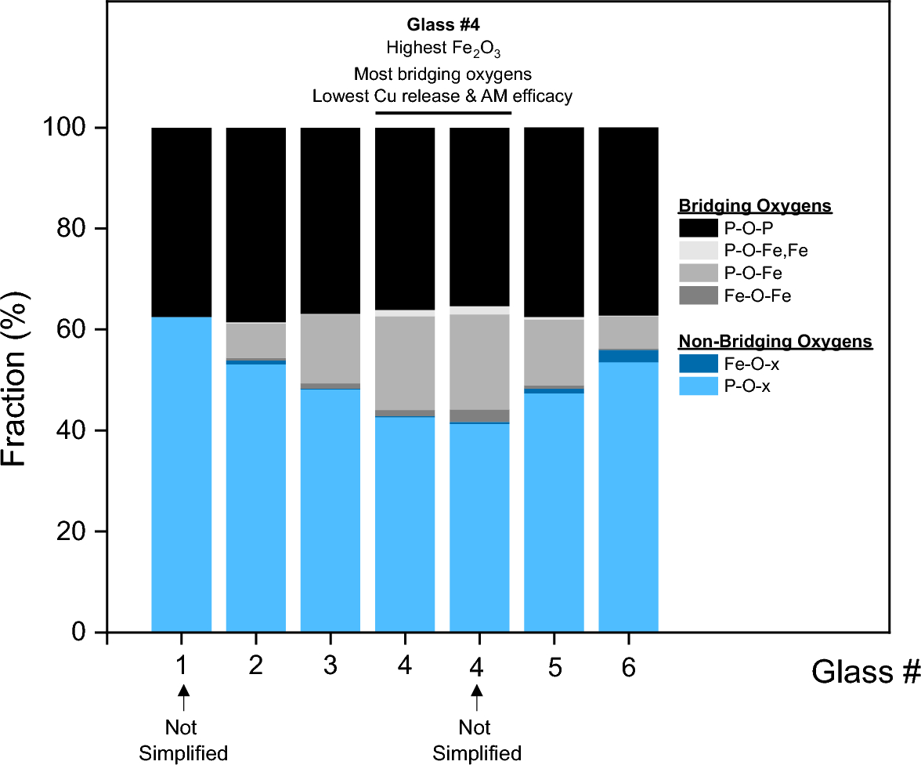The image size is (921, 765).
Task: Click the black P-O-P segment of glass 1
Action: click(x=181, y=222)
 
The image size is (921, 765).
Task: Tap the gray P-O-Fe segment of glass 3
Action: click(x=330, y=348)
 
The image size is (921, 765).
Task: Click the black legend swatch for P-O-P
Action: click(x=698, y=228)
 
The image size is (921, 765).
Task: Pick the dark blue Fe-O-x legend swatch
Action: click(x=698, y=363)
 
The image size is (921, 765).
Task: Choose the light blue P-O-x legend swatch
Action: click(x=698, y=385)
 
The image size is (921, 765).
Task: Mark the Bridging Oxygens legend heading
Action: click(x=754, y=206)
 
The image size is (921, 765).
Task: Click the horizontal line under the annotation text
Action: click(x=442, y=113)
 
